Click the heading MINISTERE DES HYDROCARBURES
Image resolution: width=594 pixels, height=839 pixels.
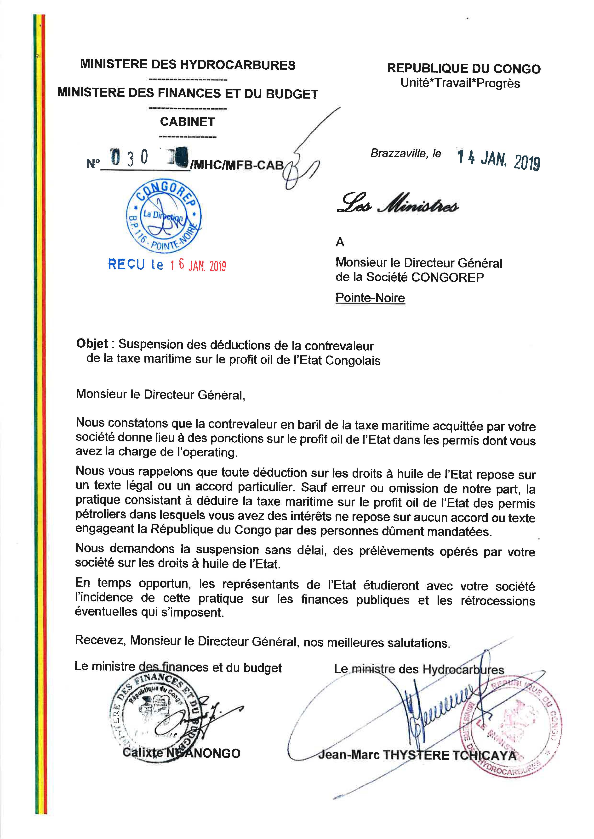(188, 65)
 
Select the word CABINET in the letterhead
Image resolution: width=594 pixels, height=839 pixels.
(187, 122)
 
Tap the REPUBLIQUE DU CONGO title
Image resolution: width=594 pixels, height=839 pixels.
(463, 69)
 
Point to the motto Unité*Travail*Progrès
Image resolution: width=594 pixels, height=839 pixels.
(460, 83)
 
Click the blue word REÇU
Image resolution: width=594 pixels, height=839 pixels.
(126, 264)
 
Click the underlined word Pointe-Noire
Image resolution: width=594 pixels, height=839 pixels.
(370, 298)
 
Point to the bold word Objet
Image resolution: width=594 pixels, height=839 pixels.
(92, 344)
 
